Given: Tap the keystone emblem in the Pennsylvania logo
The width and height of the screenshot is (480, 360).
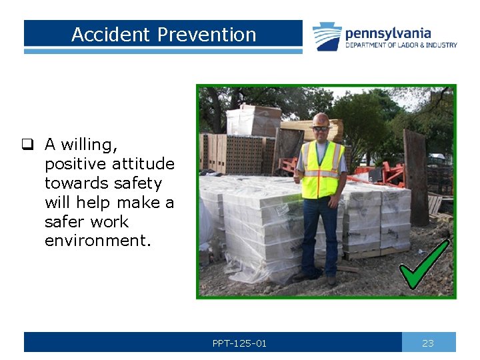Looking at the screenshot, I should point(327,36).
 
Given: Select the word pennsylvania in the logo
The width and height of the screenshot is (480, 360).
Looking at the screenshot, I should point(387,33).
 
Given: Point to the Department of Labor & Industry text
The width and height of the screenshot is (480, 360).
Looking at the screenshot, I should point(401,45).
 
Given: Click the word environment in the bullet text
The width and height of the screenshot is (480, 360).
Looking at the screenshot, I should point(97,241).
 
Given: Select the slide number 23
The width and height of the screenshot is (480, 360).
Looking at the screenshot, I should point(428,343).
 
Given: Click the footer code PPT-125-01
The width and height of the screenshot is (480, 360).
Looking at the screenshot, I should point(239,343).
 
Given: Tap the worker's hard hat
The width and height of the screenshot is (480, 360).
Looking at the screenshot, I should point(321,119).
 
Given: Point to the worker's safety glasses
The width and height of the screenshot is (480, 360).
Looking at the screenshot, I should point(321,128).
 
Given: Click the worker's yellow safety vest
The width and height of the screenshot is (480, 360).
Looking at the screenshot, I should point(322,169).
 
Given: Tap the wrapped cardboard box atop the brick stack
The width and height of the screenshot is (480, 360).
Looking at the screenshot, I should point(253,121).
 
